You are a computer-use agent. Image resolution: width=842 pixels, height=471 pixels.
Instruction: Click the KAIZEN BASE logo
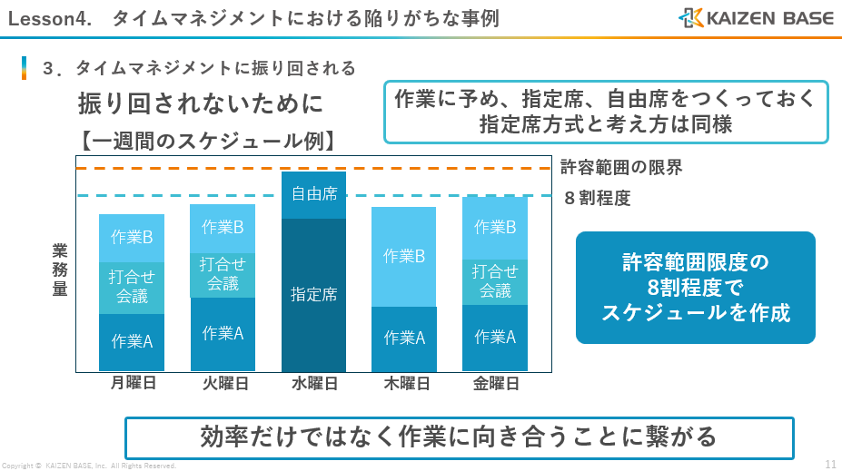point(756,17)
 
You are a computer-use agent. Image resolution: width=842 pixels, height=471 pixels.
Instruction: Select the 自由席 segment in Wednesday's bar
point(314,194)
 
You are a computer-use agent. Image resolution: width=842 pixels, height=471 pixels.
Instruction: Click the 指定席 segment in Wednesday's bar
point(314,294)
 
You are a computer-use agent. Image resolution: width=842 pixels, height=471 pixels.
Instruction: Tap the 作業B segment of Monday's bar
point(132,238)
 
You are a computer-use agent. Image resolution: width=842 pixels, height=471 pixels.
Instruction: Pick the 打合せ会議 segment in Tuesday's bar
point(223,274)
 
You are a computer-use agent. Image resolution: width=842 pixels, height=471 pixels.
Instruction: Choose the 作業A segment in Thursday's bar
point(404,339)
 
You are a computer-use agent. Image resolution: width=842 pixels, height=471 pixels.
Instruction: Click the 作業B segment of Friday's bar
point(495,227)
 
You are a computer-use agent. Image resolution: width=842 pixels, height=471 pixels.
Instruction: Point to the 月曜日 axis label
point(133,383)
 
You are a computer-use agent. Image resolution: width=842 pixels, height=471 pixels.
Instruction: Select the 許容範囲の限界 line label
point(620,167)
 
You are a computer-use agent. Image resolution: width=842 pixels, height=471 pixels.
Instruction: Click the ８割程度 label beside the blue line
point(597,197)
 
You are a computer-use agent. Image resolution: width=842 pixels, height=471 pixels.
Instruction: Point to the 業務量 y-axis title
point(60,270)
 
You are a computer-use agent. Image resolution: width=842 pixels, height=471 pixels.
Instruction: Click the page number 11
point(830,464)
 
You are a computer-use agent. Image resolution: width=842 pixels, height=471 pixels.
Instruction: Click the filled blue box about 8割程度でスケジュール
point(695,288)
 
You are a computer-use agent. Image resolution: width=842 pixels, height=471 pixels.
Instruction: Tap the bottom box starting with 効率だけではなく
point(459,437)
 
